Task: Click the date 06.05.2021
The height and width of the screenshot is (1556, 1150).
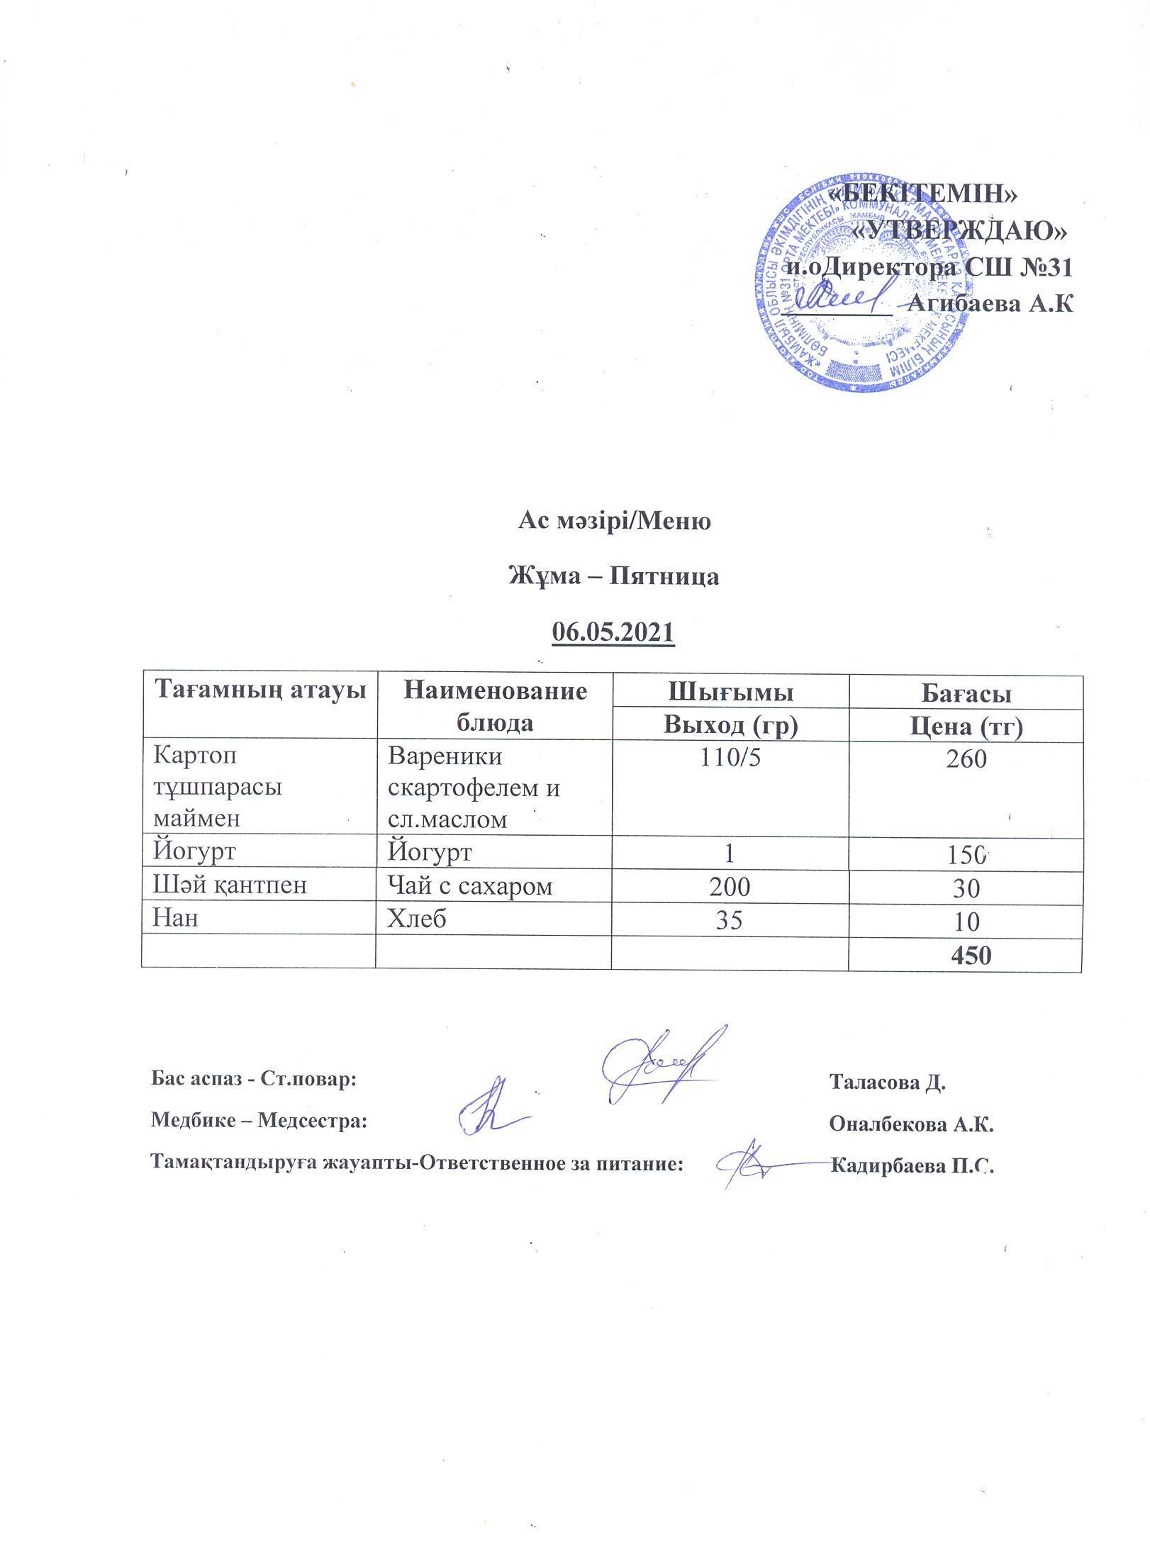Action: click(x=613, y=632)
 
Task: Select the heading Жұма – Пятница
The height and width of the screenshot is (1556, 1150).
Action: click(x=614, y=576)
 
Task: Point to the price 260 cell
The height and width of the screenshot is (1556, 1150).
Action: click(x=966, y=759)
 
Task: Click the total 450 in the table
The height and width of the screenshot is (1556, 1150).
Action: click(x=971, y=956)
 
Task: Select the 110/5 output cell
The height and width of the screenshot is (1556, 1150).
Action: click(x=730, y=759)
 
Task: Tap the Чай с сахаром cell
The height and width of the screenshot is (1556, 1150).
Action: click(x=470, y=886)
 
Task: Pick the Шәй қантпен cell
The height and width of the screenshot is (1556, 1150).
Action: click(x=230, y=886)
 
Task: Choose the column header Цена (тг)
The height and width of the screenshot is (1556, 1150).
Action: click(x=966, y=727)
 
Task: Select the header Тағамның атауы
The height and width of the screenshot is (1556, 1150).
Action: click(x=260, y=690)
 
